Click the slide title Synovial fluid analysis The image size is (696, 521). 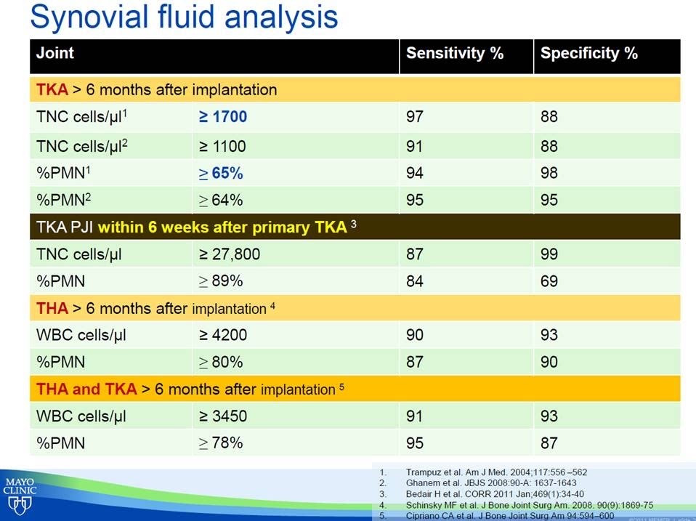[185, 16]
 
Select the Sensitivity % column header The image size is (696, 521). [454, 54]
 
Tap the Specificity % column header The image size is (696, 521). [588, 54]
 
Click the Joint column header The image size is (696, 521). [55, 54]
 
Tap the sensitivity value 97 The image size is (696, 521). [415, 116]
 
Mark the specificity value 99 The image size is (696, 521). [549, 255]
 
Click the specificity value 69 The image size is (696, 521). [549, 280]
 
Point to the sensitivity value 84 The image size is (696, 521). [415, 280]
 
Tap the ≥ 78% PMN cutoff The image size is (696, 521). [221, 443]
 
